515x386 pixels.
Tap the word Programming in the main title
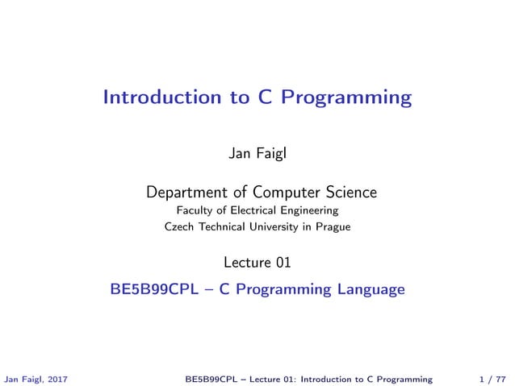pos(352,99)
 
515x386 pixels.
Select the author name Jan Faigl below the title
pos(257,153)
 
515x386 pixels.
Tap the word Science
pos(350,193)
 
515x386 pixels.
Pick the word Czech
pos(178,227)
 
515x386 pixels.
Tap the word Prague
pos(333,227)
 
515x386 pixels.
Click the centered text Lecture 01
pos(257,262)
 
